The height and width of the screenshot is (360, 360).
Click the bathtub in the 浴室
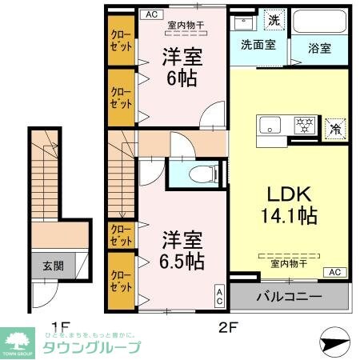click(x=319, y=22)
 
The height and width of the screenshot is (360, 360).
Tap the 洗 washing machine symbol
click(x=273, y=20)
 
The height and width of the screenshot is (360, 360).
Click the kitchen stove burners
click(x=303, y=125)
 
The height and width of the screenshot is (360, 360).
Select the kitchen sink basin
click(x=269, y=125)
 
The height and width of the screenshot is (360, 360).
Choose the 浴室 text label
click(x=319, y=47)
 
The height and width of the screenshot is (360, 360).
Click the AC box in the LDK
click(x=334, y=271)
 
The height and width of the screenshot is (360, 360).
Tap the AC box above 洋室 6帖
click(x=150, y=13)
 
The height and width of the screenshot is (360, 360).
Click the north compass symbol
click(x=335, y=342)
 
